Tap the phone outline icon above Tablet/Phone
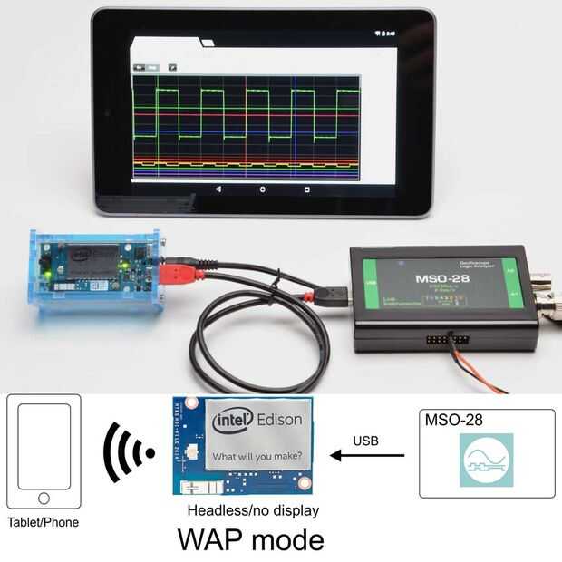(44, 451)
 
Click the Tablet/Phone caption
(43, 522)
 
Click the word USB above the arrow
(365, 441)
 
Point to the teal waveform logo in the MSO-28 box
(486, 460)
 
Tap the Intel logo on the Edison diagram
(231, 421)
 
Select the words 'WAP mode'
(250, 539)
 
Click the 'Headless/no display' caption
(251, 510)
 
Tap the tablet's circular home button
(263, 190)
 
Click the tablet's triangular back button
(218, 190)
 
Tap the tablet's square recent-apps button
(306, 190)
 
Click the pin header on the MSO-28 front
(448, 340)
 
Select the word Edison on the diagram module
(280, 421)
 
